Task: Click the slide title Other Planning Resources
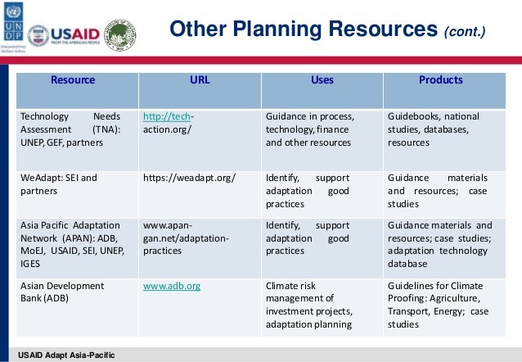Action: click(302, 30)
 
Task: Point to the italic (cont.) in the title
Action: click(464, 33)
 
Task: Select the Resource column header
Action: click(74, 80)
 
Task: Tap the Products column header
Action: click(441, 80)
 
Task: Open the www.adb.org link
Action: click(172, 287)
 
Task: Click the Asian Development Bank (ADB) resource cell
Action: click(62, 292)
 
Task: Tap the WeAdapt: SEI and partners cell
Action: click(58, 183)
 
